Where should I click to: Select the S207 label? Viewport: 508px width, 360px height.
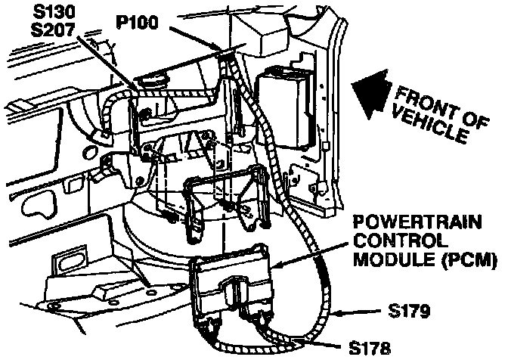pos(56,33)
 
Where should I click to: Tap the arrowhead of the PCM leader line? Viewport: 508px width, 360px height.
pos(270,266)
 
